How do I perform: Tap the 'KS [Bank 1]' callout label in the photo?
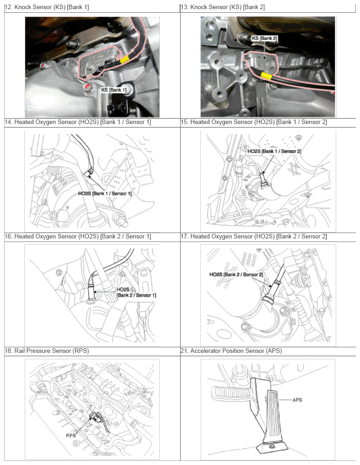(x=113, y=90)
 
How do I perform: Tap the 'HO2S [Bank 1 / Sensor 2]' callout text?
(x=274, y=151)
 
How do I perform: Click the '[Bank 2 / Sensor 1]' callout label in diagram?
(x=136, y=295)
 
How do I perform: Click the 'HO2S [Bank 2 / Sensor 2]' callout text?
(x=236, y=275)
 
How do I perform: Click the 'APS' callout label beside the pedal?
(x=297, y=400)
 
